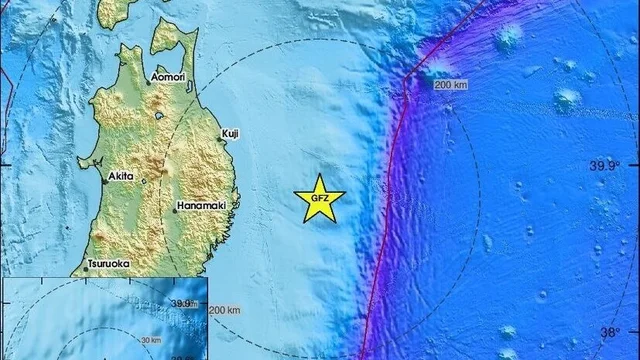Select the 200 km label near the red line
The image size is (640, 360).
click(x=452, y=87)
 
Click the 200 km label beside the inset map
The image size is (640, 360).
click(x=225, y=312)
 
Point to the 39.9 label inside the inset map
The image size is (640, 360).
click(x=180, y=303)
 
